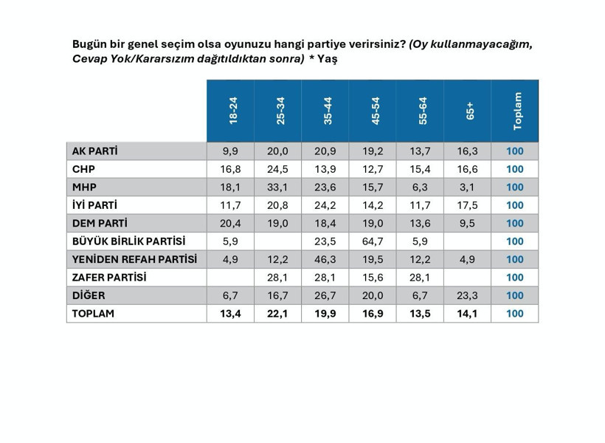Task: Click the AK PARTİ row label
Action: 95,151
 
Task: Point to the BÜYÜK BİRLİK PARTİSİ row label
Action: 128,241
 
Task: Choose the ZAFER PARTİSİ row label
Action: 109,278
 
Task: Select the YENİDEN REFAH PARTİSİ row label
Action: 134,259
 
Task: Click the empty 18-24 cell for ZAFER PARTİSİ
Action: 231,278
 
